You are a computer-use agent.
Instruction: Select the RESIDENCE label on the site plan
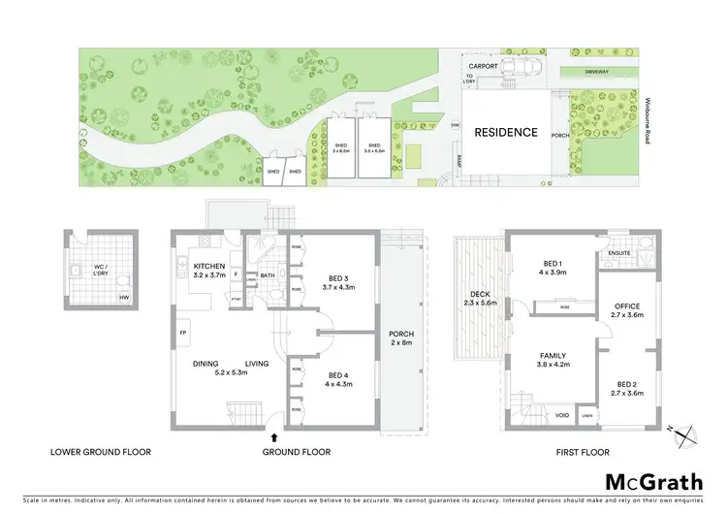(505, 132)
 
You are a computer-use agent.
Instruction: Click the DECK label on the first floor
(481, 298)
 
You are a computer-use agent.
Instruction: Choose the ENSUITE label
(620, 254)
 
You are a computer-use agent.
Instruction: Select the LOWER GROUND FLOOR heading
(94, 452)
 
